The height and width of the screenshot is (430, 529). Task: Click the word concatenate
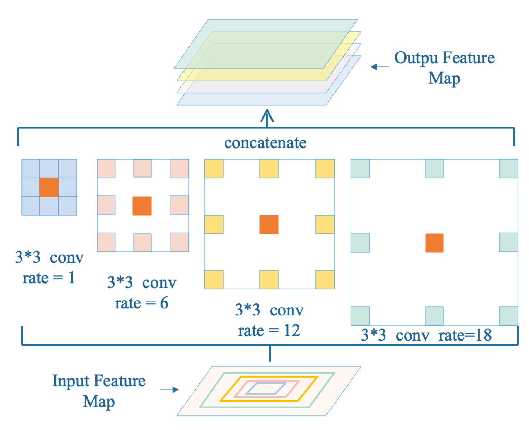point(265,143)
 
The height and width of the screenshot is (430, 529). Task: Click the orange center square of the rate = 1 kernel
point(49,187)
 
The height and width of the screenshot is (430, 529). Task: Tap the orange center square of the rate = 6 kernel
point(142,206)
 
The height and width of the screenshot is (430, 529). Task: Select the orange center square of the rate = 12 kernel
point(269,224)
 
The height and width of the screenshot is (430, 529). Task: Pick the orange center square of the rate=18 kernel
point(434,243)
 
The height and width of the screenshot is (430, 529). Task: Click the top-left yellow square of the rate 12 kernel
point(214,168)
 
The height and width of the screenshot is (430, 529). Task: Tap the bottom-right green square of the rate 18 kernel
point(508,316)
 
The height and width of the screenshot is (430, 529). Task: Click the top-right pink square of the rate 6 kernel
point(179,168)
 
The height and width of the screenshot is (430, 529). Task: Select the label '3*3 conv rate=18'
point(426,335)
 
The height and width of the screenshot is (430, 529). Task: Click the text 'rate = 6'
point(141,303)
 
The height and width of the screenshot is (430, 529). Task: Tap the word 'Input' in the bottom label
point(71,381)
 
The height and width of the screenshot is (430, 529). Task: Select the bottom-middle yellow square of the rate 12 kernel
point(269,279)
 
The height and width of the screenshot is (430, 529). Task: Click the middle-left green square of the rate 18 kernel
point(360,243)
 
